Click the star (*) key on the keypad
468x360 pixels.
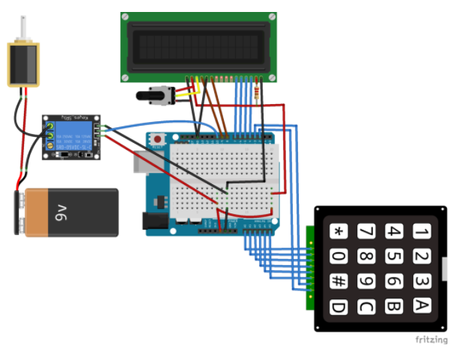point(339,231)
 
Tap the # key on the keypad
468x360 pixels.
point(339,281)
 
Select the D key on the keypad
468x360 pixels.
point(339,306)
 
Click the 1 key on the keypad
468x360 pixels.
point(422,231)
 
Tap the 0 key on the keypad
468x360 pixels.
point(339,257)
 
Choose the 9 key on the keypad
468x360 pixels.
point(367,281)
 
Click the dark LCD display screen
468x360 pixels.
point(198,45)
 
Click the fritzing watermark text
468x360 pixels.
point(431,340)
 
